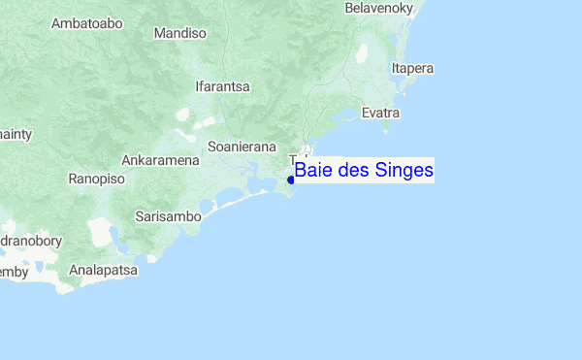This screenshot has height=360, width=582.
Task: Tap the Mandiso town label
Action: click(x=180, y=33)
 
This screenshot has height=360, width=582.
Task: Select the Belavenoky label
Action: click(x=379, y=8)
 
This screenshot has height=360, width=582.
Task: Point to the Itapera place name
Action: click(x=411, y=68)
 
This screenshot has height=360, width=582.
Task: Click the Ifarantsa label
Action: click(x=223, y=86)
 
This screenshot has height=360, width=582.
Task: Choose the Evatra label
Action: click(x=381, y=114)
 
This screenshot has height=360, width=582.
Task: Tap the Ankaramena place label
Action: click(x=160, y=159)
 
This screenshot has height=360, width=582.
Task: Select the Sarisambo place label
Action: click(x=168, y=216)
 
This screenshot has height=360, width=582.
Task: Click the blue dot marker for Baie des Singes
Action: click(x=291, y=180)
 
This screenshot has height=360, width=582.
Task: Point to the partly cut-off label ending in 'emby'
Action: click(x=14, y=272)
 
